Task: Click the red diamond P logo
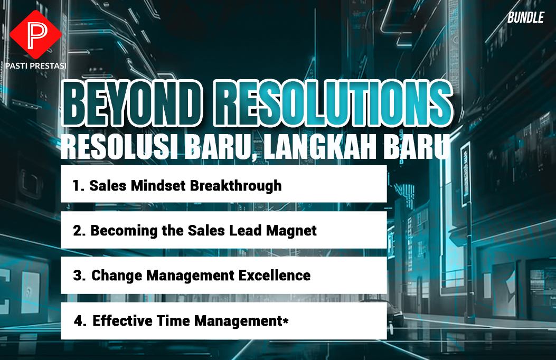coord(35,34)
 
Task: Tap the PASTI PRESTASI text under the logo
coord(36,65)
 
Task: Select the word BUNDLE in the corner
coord(525,17)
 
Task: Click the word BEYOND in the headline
coord(132,103)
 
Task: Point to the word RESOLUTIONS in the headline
coord(333,103)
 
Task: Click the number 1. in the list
coord(78,186)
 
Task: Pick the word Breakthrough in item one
coord(236,186)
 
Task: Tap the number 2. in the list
coord(79,231)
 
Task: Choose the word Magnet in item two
coord(291,231)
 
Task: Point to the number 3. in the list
coord(79,276)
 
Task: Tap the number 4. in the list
coord(80,321)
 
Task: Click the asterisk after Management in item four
coord(286,319)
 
